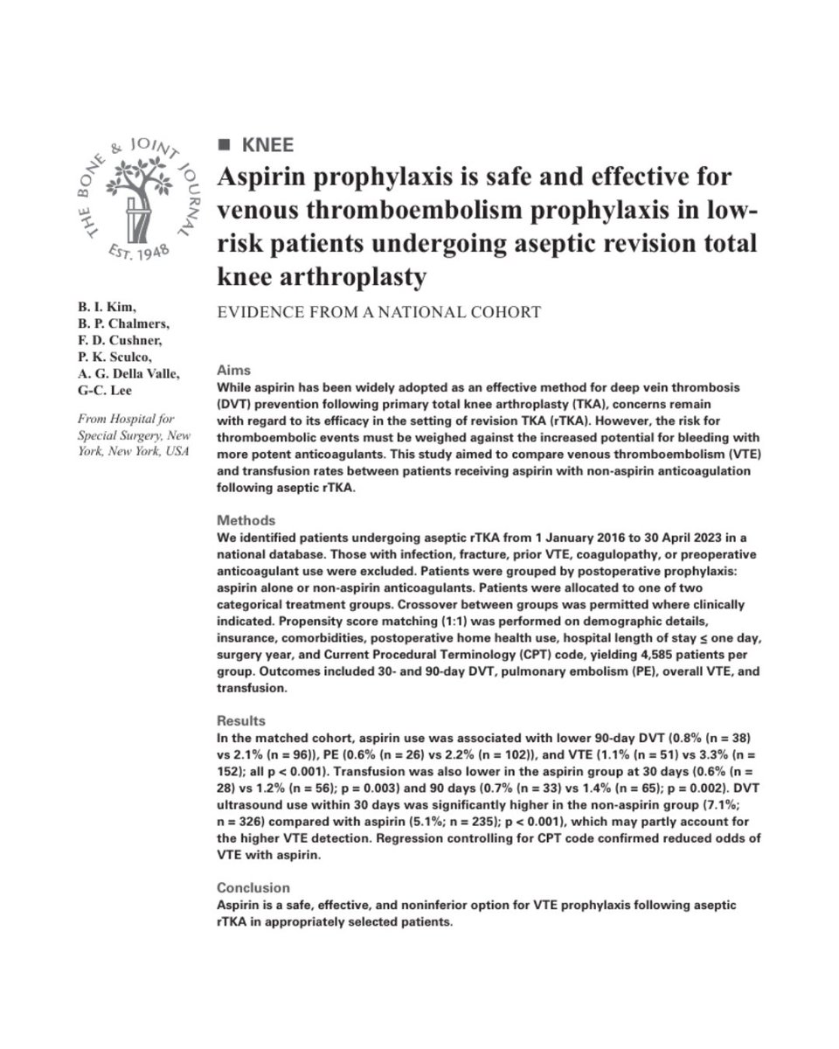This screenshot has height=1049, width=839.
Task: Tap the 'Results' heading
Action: coord(242,721)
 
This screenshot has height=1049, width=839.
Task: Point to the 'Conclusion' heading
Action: coord(253,888)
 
